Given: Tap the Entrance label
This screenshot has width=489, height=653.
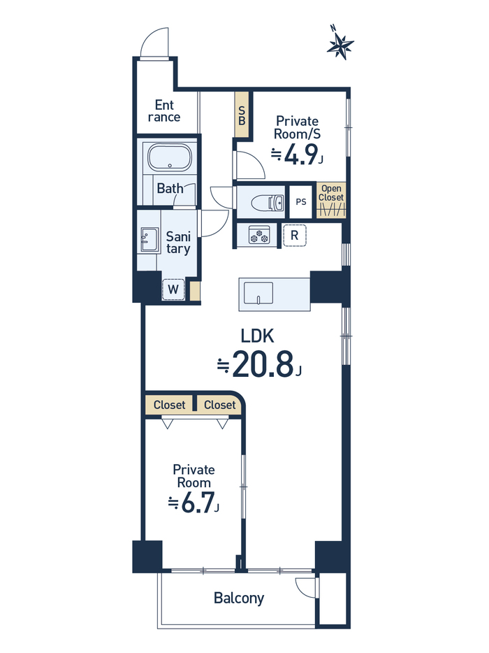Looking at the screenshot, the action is (164, 110).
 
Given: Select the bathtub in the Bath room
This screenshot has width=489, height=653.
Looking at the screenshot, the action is (170, 157).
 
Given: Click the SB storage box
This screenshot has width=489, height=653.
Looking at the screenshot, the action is (242, 115).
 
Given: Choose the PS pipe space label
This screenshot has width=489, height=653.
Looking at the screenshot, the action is (301, 201).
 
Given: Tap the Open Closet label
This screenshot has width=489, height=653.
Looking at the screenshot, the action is (331, 193).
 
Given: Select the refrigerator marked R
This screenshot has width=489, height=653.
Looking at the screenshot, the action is (294, 236).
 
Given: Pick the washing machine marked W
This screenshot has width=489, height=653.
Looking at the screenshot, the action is (173, 289).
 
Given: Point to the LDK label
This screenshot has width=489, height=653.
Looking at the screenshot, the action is (258, 336).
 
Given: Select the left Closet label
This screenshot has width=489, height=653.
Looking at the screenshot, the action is (169, 405).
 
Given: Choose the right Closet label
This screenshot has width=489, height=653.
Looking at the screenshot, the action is (220, 405).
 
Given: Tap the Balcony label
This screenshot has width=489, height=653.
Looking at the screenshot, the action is (239, 598).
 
